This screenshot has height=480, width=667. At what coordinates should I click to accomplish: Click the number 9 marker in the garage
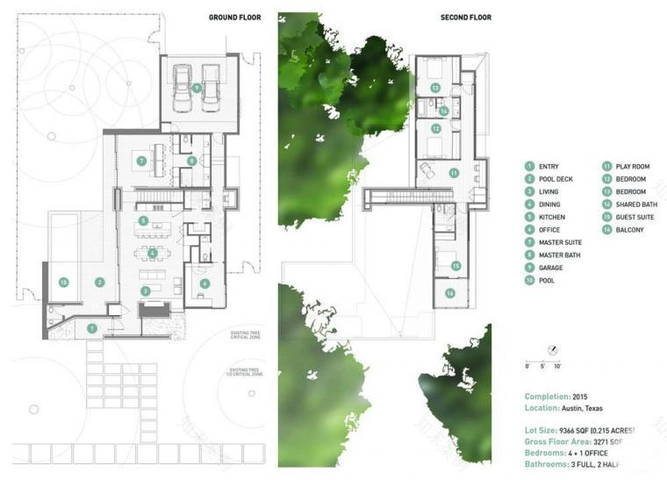[197, 88]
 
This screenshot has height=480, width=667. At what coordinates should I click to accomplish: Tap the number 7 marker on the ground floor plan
[140, 161]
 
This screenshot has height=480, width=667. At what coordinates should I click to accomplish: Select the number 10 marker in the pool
[63, 282]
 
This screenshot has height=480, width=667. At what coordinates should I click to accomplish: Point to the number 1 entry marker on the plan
[92, 328]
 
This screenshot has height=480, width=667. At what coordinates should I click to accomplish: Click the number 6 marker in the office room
[204, 283]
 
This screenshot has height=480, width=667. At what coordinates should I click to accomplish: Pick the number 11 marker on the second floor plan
[454, 174]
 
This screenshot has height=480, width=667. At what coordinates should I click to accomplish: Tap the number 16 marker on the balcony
[450, 293]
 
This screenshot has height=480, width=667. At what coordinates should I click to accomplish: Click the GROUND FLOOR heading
[234, 17]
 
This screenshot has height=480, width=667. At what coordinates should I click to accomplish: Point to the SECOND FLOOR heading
[466, 17]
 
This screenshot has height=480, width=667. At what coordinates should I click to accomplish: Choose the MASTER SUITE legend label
[559, 242]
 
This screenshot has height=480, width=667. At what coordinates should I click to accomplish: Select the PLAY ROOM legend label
[631, 166]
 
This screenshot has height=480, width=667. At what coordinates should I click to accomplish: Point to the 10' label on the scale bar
[557, 365]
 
